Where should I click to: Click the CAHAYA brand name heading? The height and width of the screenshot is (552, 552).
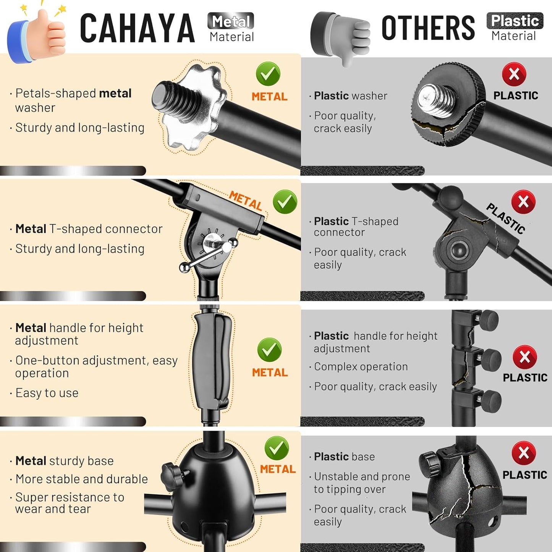[x=137, y=28]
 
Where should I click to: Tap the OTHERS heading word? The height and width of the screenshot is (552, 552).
[x=428, y=28]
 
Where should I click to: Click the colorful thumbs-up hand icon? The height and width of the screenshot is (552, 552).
[x=37, y=34]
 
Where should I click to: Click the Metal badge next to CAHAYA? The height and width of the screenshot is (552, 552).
[x=231, y=21]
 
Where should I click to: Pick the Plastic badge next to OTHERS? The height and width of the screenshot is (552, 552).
[x=515, y=21]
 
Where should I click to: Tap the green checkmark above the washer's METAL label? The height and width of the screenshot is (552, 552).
[x=268, y=74]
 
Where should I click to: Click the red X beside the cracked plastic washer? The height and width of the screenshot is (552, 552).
[x=514, y=74]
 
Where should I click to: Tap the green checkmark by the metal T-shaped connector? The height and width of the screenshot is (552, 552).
[x=285, y=202]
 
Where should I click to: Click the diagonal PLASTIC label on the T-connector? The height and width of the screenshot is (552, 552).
[x=505, y=218]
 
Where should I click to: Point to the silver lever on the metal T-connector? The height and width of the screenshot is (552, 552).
[x=208, y=254]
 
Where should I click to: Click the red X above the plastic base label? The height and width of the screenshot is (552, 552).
[x=524, y=453]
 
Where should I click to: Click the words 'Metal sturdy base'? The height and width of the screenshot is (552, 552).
[x=65, y=461]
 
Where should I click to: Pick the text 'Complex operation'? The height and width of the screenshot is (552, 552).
[x=361, y=367]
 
